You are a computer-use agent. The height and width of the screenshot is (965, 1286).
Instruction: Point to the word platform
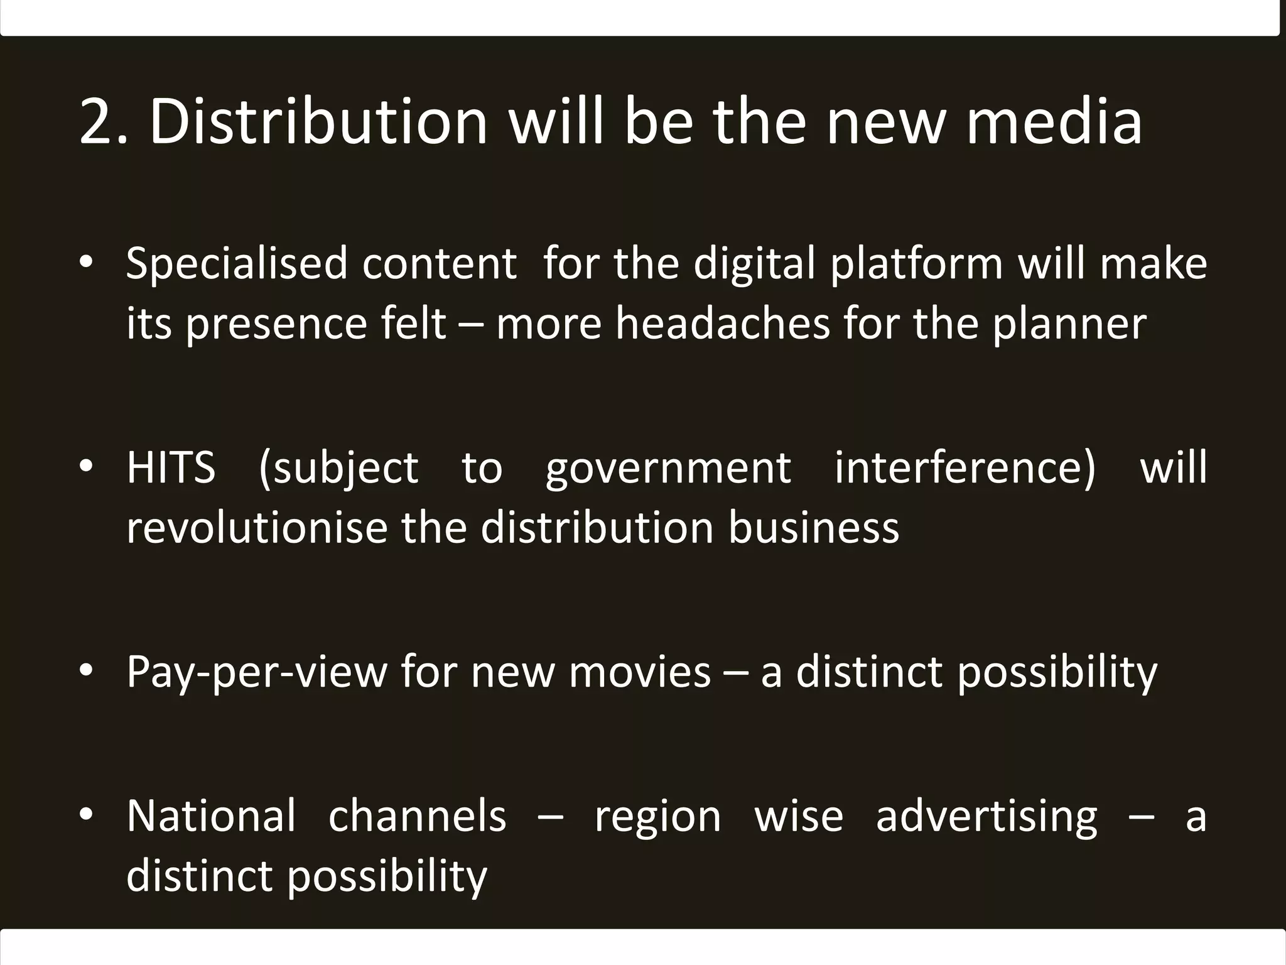click(x=917, y=264)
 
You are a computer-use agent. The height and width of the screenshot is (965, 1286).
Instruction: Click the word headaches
click(x=722, y=324)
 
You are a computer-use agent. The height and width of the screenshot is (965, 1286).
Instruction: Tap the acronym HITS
click(x=171, y=468)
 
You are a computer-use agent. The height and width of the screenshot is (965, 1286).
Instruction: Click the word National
click(x=211, y=816)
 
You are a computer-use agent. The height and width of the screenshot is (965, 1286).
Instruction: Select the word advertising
click(x=986, y=817)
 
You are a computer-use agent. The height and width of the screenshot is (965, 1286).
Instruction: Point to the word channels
click(x=417, y=816)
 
